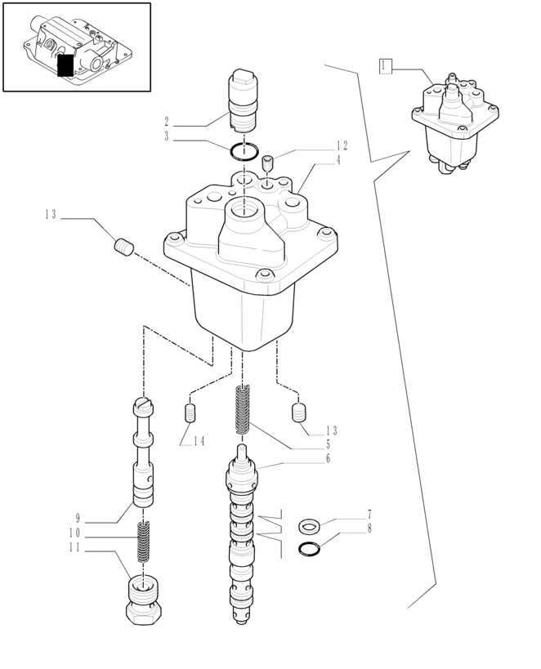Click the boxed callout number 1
click(x=386, y=67)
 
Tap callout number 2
click(x=167, y=122)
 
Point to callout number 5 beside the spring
click(x=328, y=444)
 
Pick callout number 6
click(x=328, y=459)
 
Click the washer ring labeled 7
click(x=309, y=525)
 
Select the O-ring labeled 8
click(x=310, y=547)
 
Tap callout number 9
click(x=78, y=518)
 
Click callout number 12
click(x=342, y=146)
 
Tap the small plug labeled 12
click(x=267, y=163)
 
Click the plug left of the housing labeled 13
click(x=123, y=246)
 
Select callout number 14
click(x=199, y=441)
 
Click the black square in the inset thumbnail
click(x=66, y=65)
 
